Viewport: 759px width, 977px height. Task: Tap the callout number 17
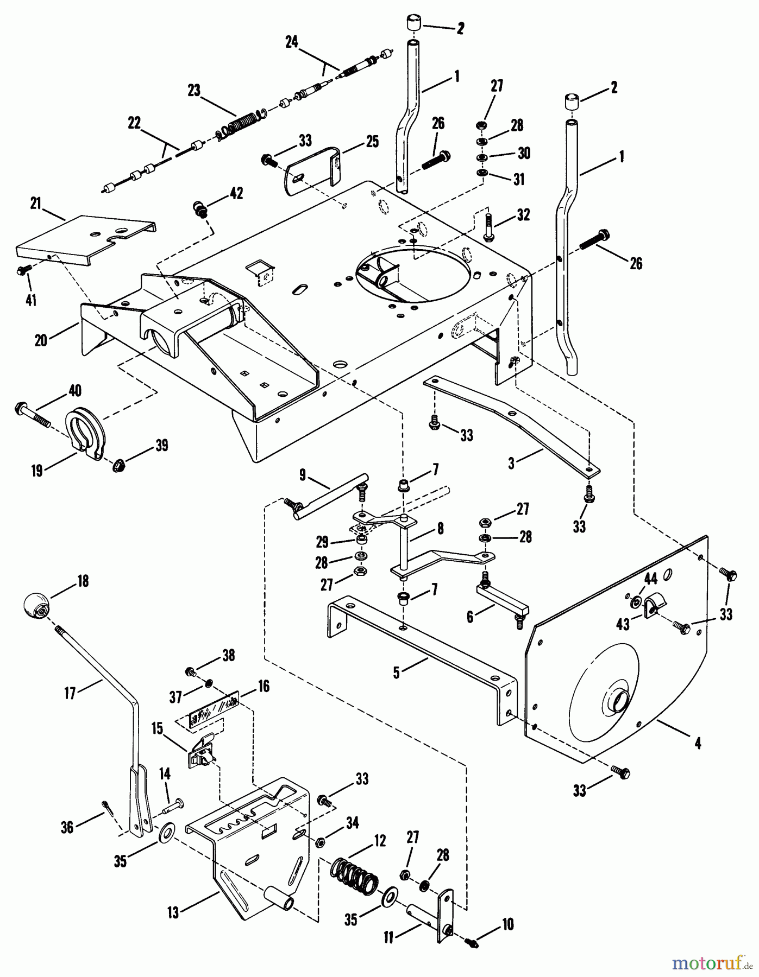70,693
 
